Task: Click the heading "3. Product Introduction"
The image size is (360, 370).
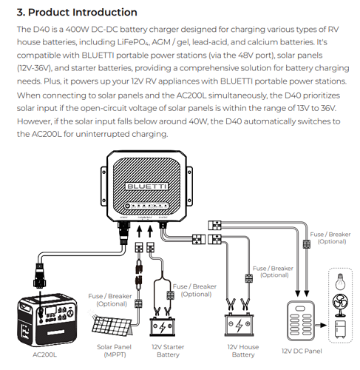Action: [x=77, y=13]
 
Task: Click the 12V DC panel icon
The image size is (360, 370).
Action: [x=302, y=321]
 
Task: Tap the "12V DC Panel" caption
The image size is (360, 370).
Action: [x=302, y=350]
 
